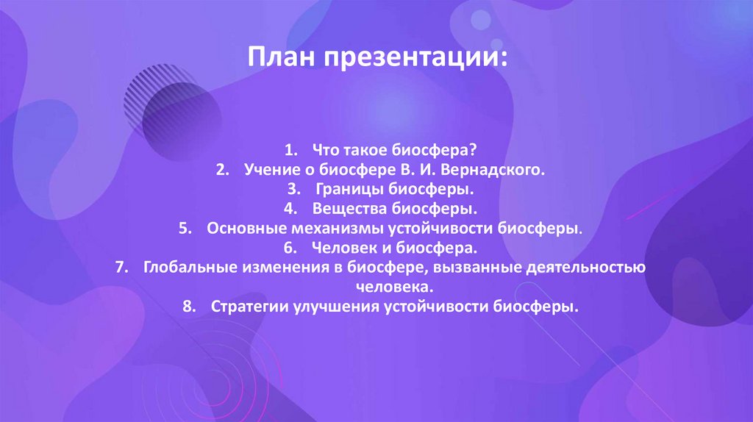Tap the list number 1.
pos(291,151)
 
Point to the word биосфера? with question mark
pos(441,151)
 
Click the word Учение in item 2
pos(266,171)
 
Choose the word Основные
pos(242,229)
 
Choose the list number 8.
pos(187,307)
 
